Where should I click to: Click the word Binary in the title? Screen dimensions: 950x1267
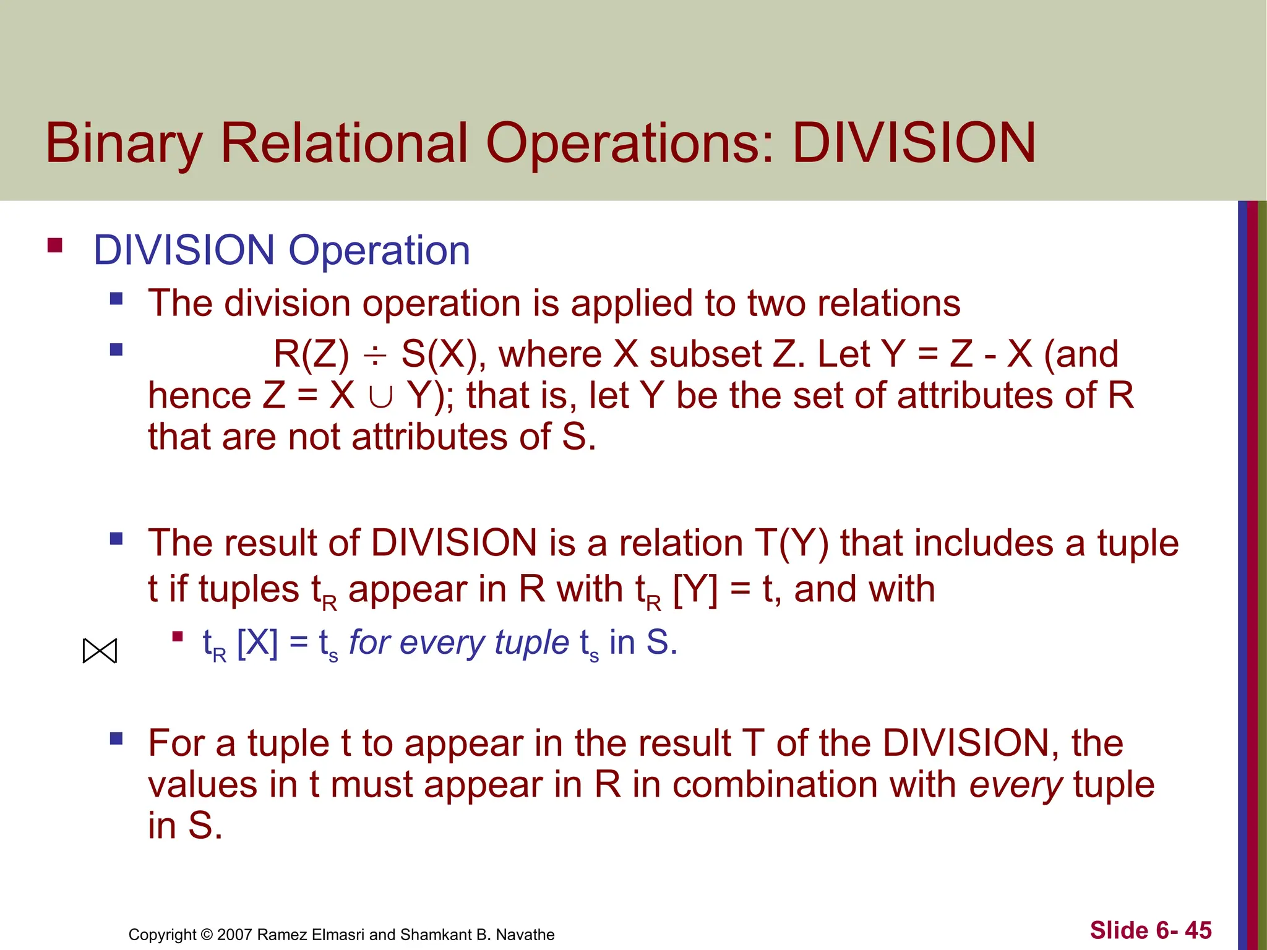coord(124,144)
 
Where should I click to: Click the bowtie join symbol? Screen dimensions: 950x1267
coord(100,651)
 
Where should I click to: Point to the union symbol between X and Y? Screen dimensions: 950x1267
coord(380,396)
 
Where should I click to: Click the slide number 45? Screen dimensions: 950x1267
coord(1198,930)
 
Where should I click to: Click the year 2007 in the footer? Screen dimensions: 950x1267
coord(234,935)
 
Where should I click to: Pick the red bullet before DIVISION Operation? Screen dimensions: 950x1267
coord(55,246)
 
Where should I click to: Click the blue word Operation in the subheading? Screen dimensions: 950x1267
coord(379,250)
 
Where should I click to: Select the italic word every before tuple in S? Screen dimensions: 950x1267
coord(1015,784)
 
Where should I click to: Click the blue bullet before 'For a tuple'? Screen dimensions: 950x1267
coord(116,738)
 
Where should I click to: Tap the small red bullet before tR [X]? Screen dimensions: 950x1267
coord(178,636)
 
